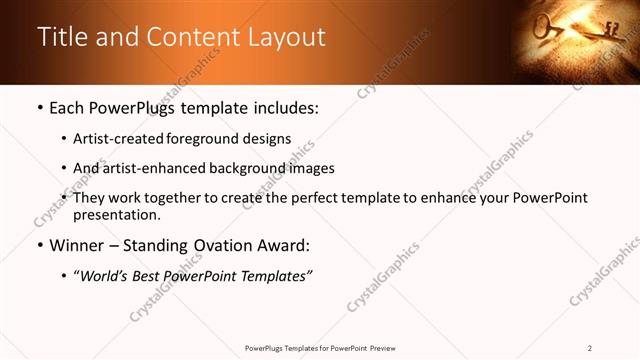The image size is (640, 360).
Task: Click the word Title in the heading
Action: pos(61,37)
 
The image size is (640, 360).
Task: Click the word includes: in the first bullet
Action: pos(283,106)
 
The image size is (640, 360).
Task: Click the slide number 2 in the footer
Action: pos(590,348)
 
